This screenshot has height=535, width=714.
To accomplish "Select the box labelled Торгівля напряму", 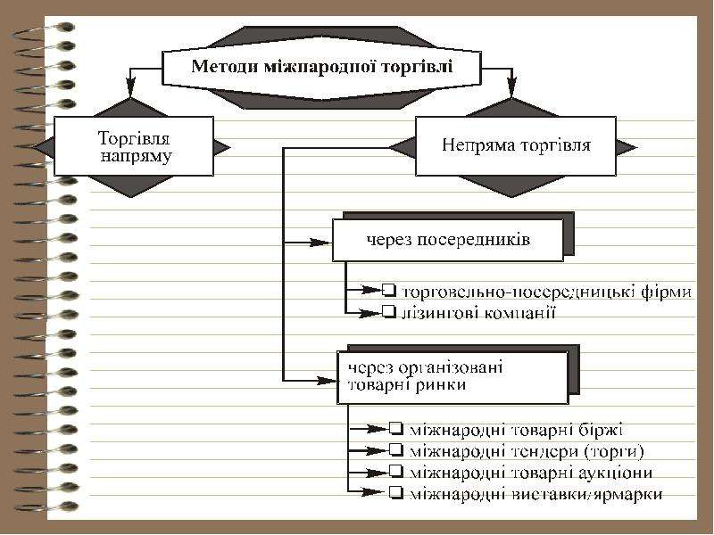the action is tap(134, 146).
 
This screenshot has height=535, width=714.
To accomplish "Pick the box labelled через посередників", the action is tap(448, 240).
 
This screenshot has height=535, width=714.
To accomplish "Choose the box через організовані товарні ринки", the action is tap(452, 377).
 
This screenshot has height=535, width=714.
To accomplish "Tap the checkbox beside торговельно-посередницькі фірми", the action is tap(389, 290).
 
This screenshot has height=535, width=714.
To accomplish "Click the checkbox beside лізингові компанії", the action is tap(389, 311).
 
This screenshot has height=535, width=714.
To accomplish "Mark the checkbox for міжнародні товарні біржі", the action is tap(396, 429).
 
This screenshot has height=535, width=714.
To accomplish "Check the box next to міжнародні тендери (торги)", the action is tap(396, 450).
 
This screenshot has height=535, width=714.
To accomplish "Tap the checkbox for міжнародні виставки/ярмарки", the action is tap(396, 492).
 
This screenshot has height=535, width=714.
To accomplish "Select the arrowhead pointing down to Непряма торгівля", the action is tap(512, 85).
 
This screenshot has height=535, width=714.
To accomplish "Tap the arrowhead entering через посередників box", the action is tap(321, 243).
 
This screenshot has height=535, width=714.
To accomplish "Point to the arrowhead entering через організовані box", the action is tap(326, 381).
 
